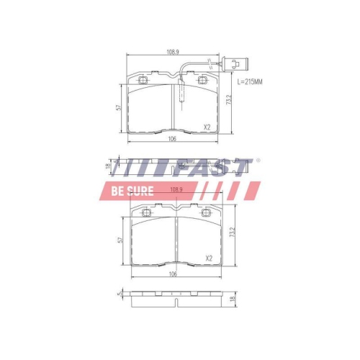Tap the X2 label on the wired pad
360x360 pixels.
tap(207, 127)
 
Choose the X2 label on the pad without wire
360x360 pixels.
tap(209, 258)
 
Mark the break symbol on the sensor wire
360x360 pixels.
tap(208, 62)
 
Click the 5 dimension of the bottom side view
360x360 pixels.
tap(117, 295)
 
